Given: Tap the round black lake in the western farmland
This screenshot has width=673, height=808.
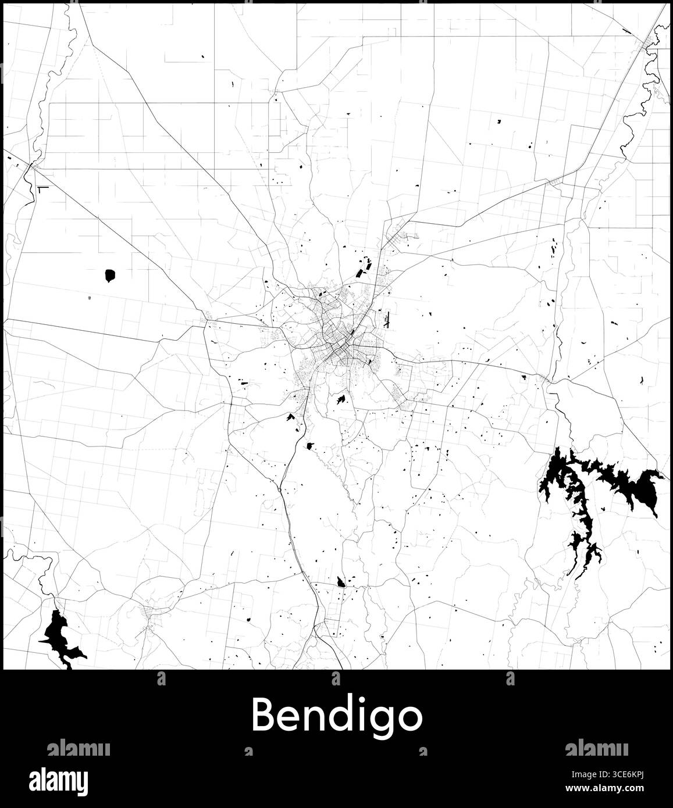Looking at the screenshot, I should [109, 275].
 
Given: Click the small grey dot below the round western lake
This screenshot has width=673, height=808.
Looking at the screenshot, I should [89, 298].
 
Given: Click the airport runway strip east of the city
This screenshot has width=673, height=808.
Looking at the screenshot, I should [387, 319].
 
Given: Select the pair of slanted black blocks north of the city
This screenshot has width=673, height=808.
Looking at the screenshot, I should [364, 269].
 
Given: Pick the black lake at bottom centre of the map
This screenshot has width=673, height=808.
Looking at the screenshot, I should [341, 581].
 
